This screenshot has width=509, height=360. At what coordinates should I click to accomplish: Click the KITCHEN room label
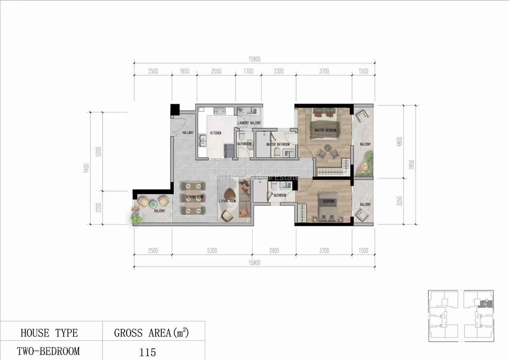point(216,133)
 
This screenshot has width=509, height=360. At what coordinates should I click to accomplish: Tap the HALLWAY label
point(188,133)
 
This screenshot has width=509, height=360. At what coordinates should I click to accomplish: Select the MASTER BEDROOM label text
point(325,130)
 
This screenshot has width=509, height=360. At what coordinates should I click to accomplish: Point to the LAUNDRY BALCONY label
point(249,123)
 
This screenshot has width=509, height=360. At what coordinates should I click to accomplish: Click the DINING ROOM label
point(195,197)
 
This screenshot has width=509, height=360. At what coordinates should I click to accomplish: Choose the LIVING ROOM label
point(227,201)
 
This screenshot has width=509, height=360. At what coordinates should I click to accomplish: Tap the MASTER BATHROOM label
point(277,144)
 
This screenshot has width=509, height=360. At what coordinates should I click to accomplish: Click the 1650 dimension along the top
point(184,71)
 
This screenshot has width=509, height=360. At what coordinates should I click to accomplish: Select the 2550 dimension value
point(216,71)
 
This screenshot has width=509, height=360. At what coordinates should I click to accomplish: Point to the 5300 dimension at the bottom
point(212,251)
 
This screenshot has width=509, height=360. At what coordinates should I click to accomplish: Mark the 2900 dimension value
point(274,251)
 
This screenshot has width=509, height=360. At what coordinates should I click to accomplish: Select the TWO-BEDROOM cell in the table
point(48,351)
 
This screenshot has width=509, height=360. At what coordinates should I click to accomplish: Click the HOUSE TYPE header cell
point(49,333)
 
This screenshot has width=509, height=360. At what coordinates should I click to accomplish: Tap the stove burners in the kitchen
point(221,112)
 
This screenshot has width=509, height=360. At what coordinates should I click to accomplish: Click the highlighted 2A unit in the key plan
point(484,304)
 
